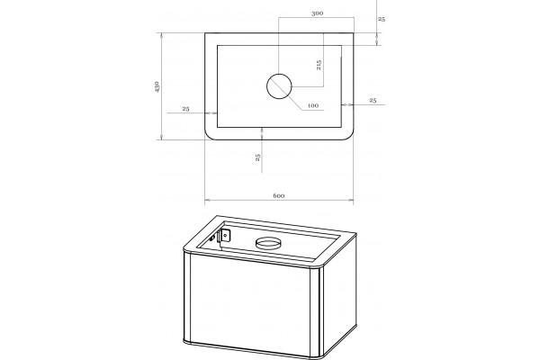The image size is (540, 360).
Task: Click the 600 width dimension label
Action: [279, 195]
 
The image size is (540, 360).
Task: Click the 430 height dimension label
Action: [157, 86]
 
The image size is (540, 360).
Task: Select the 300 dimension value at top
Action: [317, 13]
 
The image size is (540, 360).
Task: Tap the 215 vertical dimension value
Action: [319, 65]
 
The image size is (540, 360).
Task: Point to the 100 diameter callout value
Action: [313, 105]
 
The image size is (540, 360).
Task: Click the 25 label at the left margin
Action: [186, 109]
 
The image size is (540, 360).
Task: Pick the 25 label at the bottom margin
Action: [258, 157]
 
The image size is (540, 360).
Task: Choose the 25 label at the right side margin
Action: [373, 100]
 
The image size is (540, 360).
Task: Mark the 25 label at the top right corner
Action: [382, 19]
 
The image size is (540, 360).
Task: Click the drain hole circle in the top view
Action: [279, 86]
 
